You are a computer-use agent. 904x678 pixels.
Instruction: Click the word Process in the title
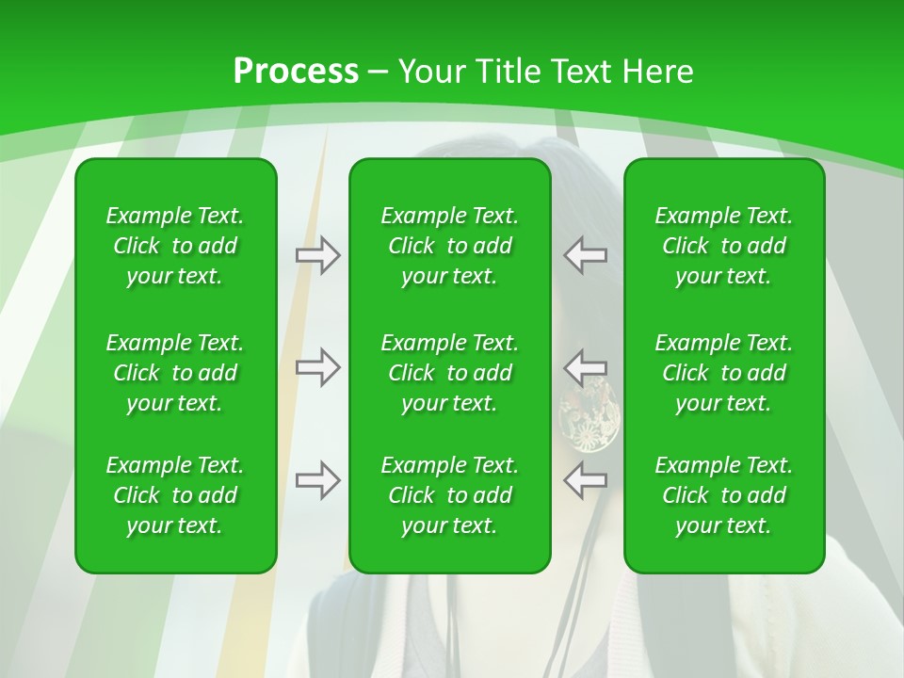tap(296, 72)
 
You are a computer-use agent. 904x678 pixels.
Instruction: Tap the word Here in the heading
tap(657, 72)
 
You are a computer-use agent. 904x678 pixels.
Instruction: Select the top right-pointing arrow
tap(317, 255)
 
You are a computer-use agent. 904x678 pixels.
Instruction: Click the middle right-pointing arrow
tap(317, 367)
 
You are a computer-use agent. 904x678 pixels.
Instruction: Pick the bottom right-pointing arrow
tap(317, 480)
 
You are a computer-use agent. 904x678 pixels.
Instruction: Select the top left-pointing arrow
tap(586, 255)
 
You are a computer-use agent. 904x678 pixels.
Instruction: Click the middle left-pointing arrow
tap(586, 367)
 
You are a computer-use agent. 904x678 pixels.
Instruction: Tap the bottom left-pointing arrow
tap(586, 480)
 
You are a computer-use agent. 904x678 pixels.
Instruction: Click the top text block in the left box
tap(175, 246)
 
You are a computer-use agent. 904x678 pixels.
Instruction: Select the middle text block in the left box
tap(175, 373)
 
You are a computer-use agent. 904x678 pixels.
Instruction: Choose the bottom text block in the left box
tap(175, 495)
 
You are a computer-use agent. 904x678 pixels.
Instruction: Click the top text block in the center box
tap(450, 246)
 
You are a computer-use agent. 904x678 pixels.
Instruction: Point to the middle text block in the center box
tap(450, 373)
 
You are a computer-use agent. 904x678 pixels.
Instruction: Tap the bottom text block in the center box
tap(450, 495)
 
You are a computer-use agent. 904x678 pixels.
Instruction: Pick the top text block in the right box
tap(724, 246)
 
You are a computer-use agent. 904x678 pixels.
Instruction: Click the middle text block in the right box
tap(724, 373)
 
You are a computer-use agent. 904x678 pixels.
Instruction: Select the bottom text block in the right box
tap(724, 495)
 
